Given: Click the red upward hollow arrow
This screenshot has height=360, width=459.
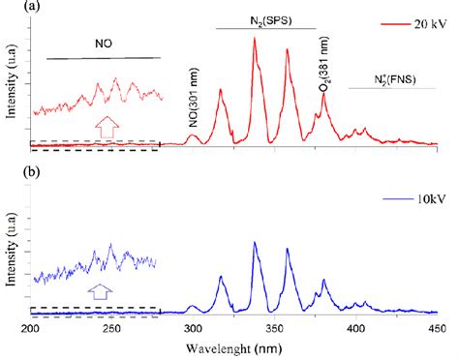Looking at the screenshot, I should (106, 128).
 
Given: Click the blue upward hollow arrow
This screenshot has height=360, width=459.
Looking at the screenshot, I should (100, 289).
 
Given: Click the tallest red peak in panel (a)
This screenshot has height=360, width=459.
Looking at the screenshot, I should (255, 40).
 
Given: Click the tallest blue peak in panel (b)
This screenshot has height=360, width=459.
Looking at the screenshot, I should (255, 242).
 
